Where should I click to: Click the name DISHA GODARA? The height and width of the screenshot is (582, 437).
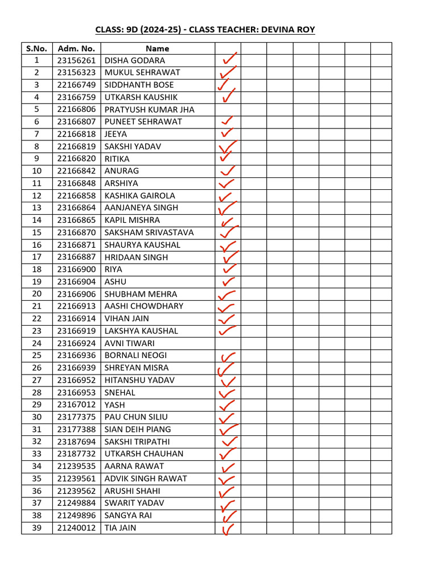[135, 60]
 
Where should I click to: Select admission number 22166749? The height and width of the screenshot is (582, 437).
[76, 85]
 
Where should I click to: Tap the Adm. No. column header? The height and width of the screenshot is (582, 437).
[76, 48]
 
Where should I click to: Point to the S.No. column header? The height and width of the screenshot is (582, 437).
[36, 48]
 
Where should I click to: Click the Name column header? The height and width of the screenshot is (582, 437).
[157, 48]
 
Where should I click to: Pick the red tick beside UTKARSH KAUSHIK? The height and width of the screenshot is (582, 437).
[228, 97]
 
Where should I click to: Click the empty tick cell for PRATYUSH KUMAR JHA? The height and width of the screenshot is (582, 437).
[228, 109]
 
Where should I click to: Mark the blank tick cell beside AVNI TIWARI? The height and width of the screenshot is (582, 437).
[228, 343]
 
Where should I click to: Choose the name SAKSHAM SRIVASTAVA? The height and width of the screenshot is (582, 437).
[149, 232]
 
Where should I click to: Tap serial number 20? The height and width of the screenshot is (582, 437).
[36, 294]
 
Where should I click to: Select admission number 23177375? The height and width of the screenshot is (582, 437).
[76, 417]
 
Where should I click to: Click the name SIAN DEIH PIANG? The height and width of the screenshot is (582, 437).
[138, 429]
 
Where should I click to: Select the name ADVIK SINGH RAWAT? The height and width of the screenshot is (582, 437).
[146, 479]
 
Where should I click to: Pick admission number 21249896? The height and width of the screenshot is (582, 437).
[76, 516]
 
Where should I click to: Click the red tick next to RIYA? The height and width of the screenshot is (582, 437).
[229, 269]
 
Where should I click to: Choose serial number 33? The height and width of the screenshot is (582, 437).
[36, 454]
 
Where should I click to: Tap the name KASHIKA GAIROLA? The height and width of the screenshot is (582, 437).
[140, 196]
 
